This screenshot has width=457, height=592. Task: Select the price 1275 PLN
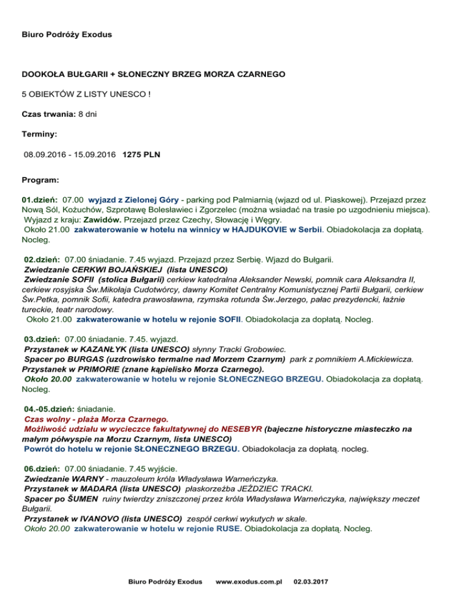[141, 155]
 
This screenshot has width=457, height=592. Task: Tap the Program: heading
[40, 179]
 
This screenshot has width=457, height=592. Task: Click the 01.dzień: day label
[39, 201]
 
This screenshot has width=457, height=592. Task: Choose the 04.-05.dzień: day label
[49, 409]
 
